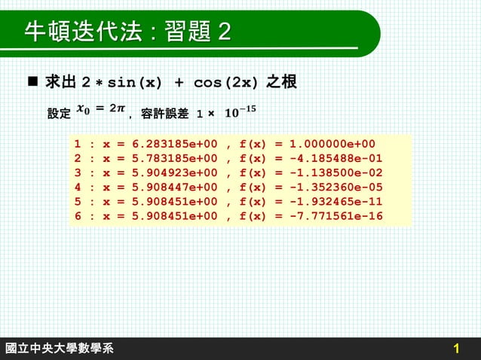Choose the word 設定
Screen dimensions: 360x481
(x=59, y=114)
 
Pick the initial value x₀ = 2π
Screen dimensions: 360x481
(x=103, y=110)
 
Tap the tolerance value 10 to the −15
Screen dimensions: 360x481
(x=240, y=112)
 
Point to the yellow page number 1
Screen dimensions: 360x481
(x=457, y=349)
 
